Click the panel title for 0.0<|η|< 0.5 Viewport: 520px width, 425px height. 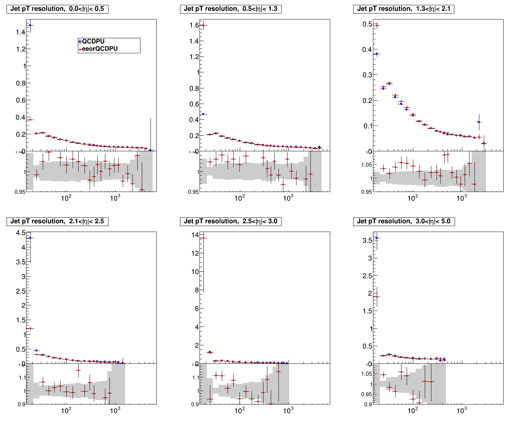pyautogui.click(x=57, y=9)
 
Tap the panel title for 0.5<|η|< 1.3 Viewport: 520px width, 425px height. pyautogui.click(x=230, y=9)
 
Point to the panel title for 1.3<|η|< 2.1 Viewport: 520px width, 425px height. pyautogui.click(x=404, y=9)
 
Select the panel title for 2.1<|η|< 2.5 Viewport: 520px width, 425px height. pyautogui.click(x=57, y=222)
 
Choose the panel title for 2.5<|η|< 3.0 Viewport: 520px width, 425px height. pyautogui.click(x=230, y=222)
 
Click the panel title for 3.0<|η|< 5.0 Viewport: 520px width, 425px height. pyautogui.click(x=404, y=222)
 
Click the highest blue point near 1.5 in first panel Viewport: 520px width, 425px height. pyautogui.click(x=30, y=25)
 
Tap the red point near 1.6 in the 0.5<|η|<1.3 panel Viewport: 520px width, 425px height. pyautogui.click(x=203, y=25)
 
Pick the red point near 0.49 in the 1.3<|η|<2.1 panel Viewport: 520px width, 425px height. pyautogui.click(x=377, y=25)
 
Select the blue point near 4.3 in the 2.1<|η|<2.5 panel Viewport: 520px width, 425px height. pyautogui.click(x=30, y=238)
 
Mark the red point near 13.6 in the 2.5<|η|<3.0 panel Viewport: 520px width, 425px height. pyautogui.click(x=203, y=238)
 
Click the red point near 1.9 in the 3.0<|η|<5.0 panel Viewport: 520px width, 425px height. pyautogui.click(x=377, y=297)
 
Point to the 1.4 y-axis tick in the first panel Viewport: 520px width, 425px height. pyautogui.click(x=20, y=32)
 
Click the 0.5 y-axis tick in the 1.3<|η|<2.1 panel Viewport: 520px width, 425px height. pyautogui.click(x=367, y=24)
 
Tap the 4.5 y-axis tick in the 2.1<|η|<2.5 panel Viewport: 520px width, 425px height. pyautogui.click(x=20, y=233)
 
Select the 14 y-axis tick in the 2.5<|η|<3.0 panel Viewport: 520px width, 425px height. pyautogui.click(x=195, y=235)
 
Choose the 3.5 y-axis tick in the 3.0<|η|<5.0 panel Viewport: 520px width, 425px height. pyautogui.click(x=367, y=240)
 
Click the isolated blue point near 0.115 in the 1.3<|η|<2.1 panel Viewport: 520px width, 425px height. pyautogui.click(x=479, y=122)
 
